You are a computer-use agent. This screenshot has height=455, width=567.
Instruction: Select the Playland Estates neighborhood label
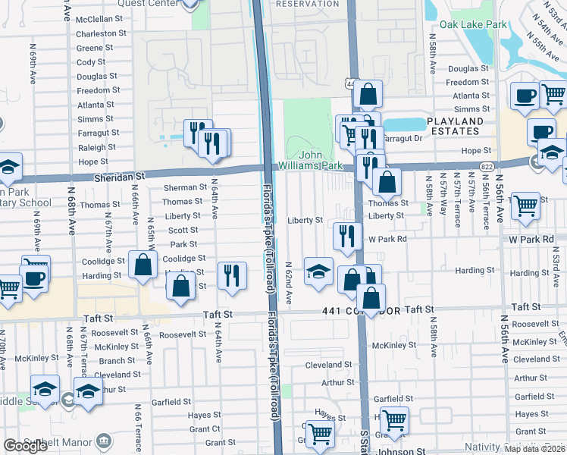(454, 126)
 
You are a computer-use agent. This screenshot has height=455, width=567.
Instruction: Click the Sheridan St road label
(120, 175)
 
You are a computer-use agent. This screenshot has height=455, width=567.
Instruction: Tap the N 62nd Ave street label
(289, 281)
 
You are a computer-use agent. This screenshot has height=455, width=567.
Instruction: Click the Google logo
(25, 446)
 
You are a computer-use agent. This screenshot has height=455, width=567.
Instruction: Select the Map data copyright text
(534, 449)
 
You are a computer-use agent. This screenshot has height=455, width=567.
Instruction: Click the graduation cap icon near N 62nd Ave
(318, 271)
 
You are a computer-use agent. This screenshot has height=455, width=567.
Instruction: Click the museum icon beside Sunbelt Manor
(103, 442)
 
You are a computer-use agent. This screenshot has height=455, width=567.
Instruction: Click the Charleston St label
(100, 33)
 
